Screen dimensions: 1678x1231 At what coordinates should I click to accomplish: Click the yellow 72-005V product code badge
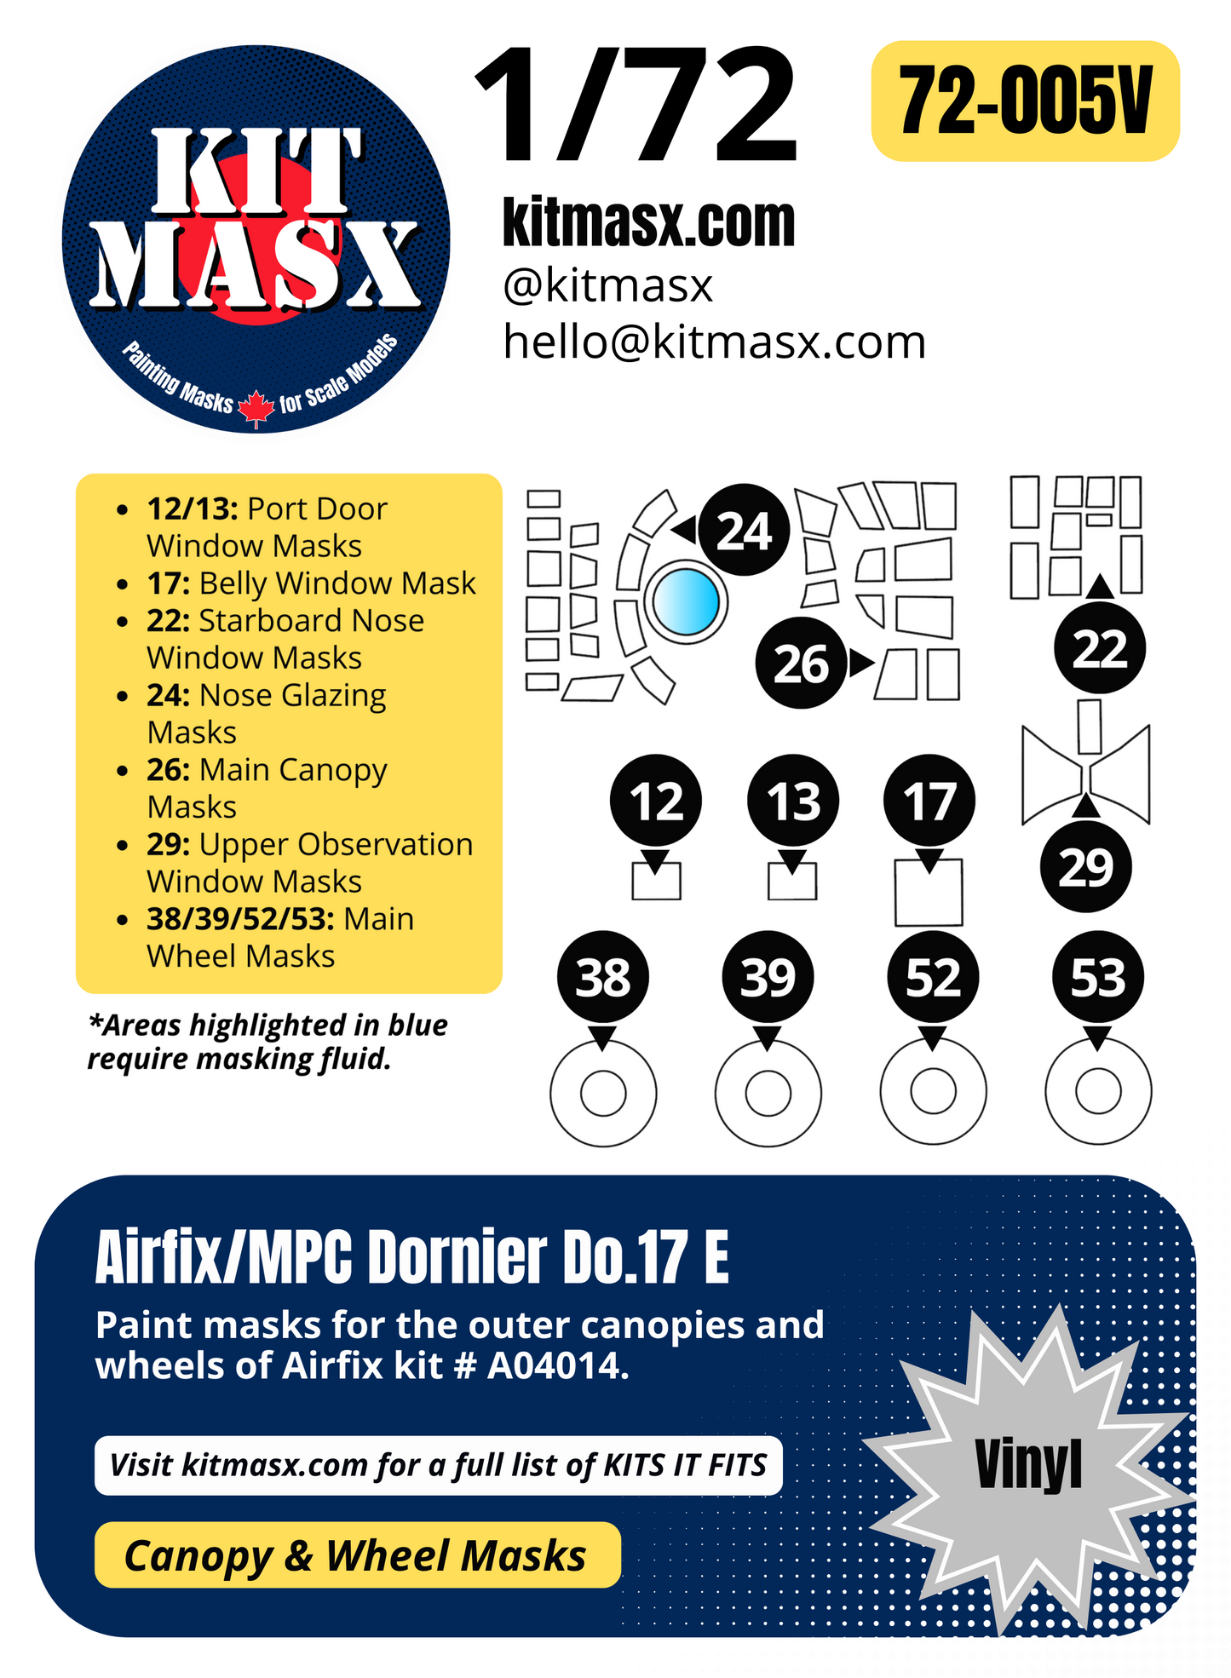[1025, 101]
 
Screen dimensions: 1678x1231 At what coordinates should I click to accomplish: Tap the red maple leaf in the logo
[256, 407]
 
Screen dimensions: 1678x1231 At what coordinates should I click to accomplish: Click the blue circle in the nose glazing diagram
[686, 601]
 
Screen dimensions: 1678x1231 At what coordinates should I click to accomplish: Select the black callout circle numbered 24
[744, 531]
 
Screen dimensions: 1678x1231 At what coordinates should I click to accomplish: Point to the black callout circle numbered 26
[801, 663]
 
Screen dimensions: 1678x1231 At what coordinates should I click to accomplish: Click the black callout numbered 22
[1099, 648]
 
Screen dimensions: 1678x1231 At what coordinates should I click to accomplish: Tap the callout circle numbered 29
[1085, 867]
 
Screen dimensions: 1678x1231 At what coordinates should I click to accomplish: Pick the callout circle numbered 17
[929, 801]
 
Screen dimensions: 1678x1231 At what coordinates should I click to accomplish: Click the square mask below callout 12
[656, 882]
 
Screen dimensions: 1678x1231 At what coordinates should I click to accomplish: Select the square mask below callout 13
[792, 882]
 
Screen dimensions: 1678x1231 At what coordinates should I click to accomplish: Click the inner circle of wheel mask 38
[603, 1093]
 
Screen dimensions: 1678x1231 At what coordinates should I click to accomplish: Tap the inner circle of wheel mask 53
[1098, 1092]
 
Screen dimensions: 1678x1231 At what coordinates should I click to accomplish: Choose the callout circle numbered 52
[933, 977]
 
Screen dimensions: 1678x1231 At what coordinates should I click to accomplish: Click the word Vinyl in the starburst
[1028, 1465]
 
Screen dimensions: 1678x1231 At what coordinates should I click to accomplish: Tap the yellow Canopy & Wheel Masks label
[357, 1555]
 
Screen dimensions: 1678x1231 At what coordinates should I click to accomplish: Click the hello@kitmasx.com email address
[714, 342]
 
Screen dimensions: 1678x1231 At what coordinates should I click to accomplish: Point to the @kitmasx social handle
[607, 285]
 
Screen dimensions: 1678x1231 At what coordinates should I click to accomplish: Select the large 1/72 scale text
[637, 106]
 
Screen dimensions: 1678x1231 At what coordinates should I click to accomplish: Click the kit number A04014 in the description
[557, 1366]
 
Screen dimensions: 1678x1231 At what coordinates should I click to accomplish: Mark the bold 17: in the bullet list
[169, 583]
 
